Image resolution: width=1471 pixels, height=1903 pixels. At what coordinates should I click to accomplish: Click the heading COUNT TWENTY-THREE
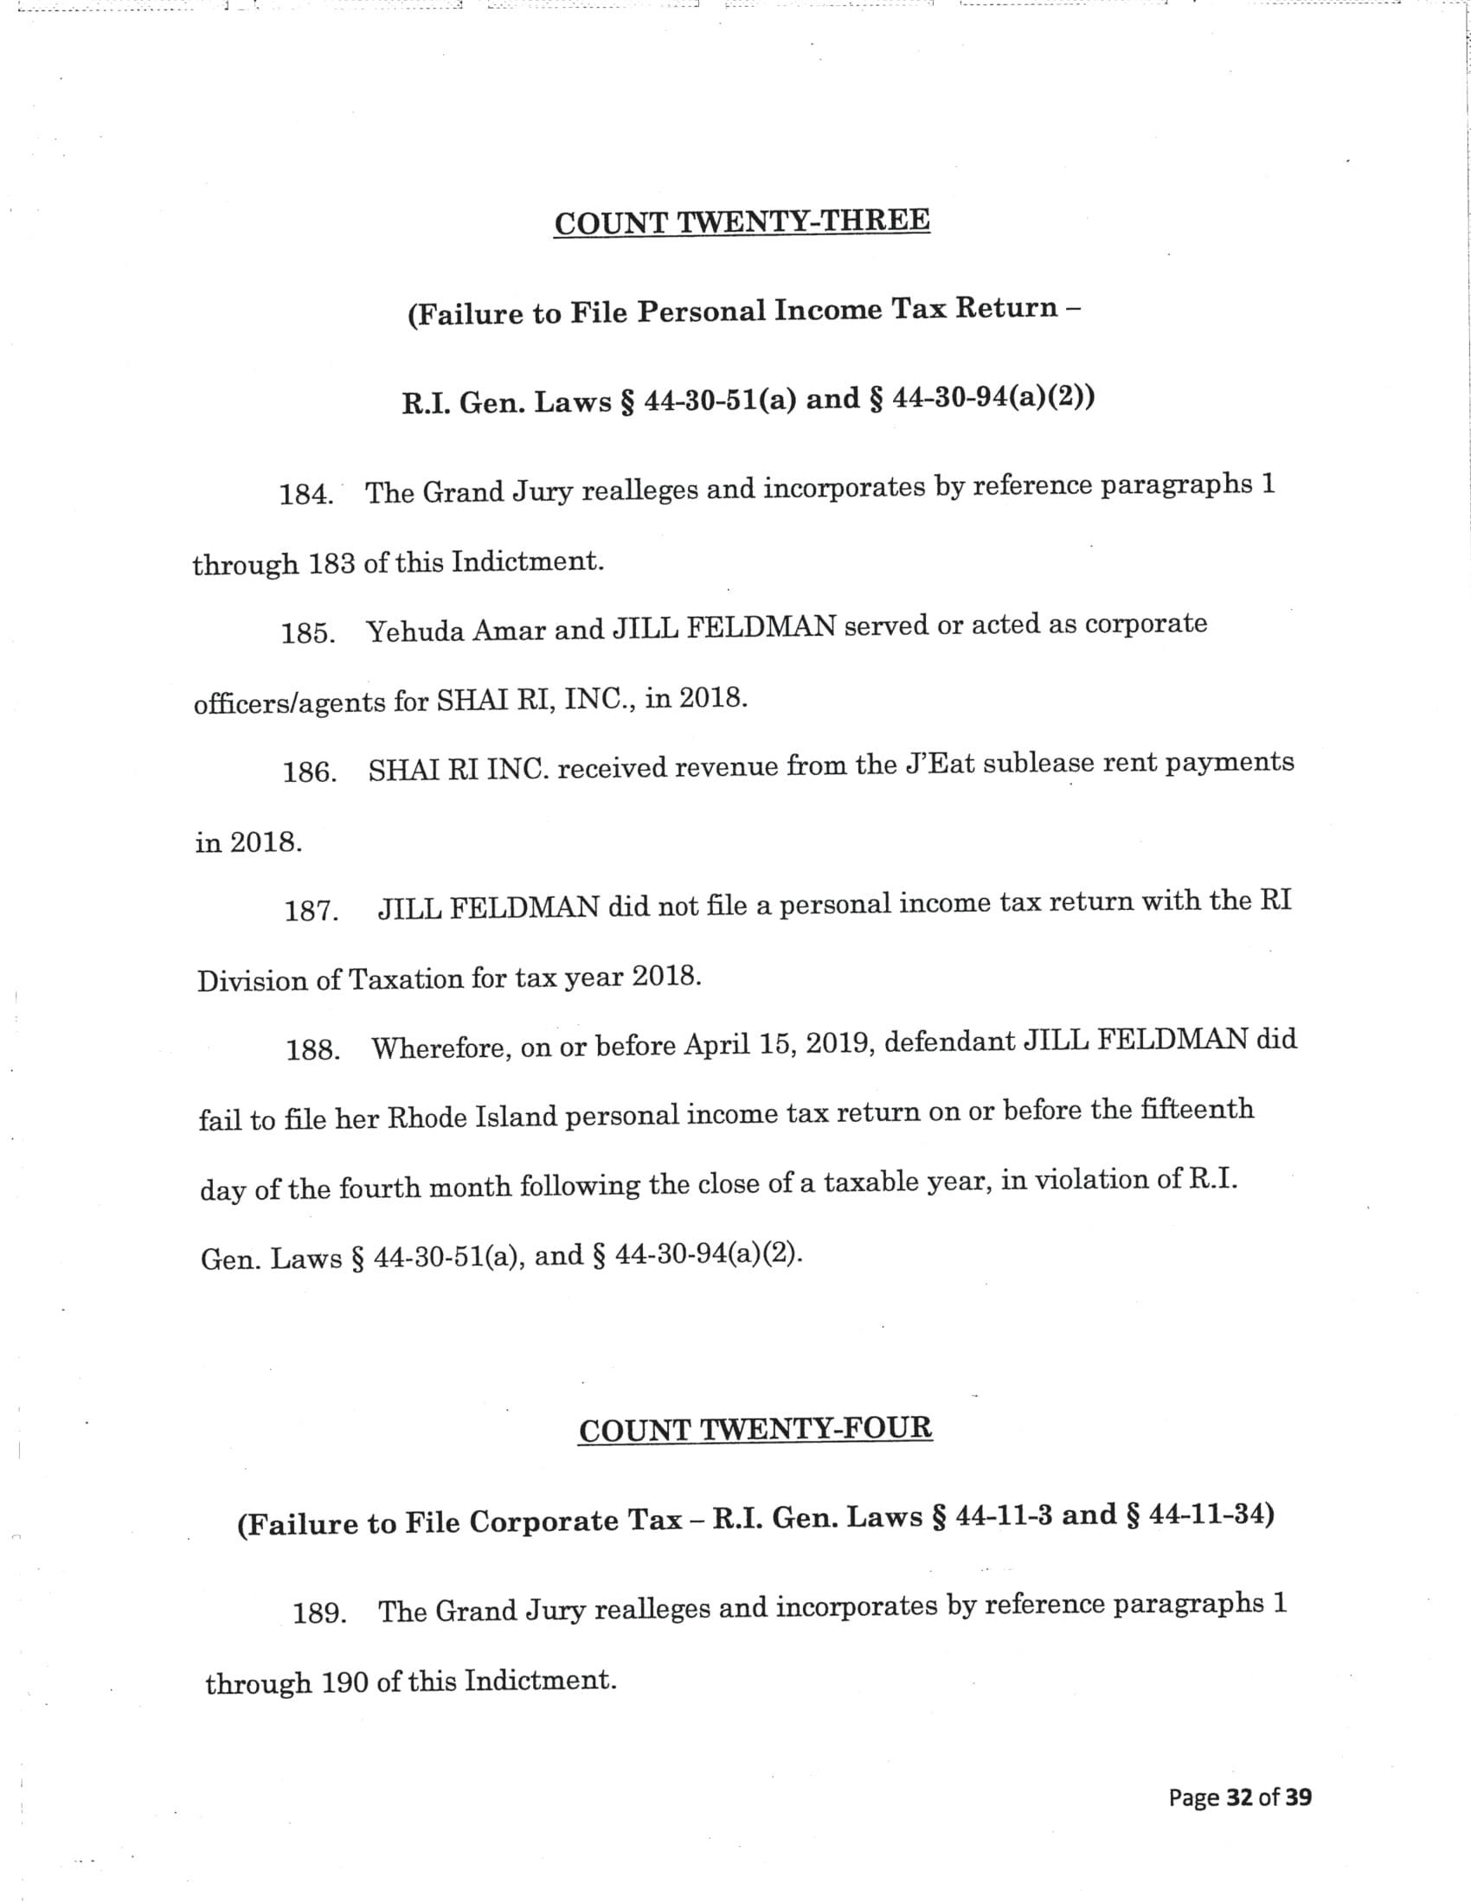(x=742, y=221)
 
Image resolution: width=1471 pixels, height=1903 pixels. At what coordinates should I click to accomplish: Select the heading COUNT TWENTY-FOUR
(x=755, y=1430)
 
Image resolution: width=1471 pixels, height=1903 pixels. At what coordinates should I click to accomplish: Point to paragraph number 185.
(x=308, y=633)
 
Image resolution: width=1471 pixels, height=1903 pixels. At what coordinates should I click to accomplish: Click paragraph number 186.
(x=310, y=772)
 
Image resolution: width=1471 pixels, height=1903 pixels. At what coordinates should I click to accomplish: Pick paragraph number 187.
(x=312, y=912)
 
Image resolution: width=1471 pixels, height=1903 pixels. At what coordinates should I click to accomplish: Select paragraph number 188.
(x=313, y=1050)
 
